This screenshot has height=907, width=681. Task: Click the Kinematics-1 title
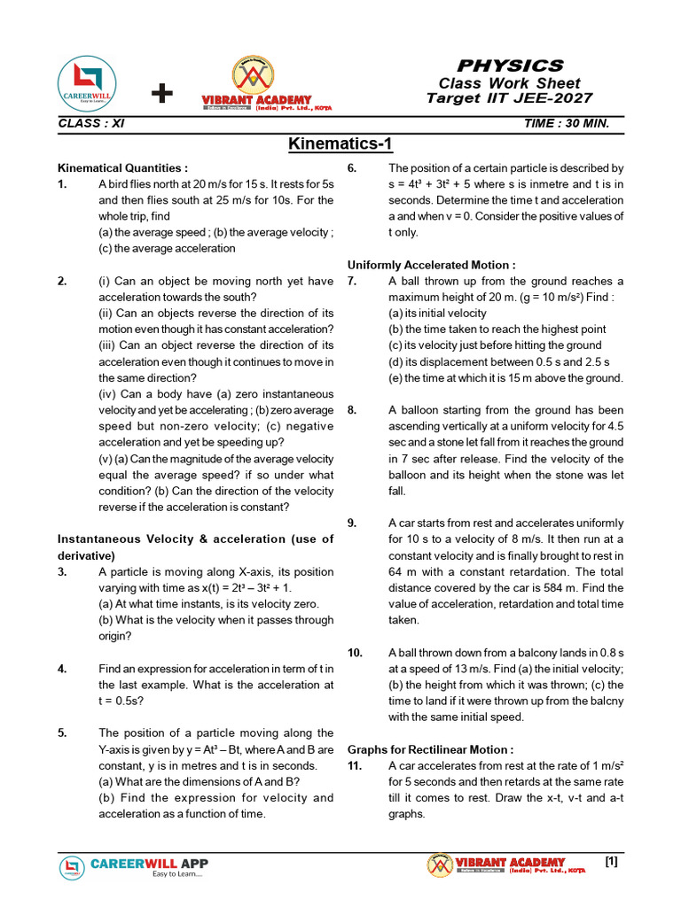[x=340, y=144]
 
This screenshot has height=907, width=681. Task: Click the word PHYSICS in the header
[x=509, y=66]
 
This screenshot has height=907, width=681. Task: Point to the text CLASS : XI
[x=90, y=123]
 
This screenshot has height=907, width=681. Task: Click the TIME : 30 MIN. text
[x=567, y=123]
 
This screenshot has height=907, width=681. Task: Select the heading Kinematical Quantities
[x=122, y=167]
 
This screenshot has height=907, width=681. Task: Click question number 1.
[x=62, y=184]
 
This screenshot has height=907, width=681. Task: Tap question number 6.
[x=352, y=167]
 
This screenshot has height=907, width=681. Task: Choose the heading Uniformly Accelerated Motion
[x=431, y=265]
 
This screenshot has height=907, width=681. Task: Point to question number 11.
[x=355, y=765]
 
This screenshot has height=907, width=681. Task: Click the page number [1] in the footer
[x=610, y=861]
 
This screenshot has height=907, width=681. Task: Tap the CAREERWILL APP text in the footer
[x=150, y=863]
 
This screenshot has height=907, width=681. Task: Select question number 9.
[x=352, y=523]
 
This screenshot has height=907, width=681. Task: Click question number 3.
[x=62, y=572]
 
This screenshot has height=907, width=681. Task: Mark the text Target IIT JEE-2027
[x=509, y=98]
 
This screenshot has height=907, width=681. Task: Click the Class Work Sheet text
[x=509, y=82]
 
